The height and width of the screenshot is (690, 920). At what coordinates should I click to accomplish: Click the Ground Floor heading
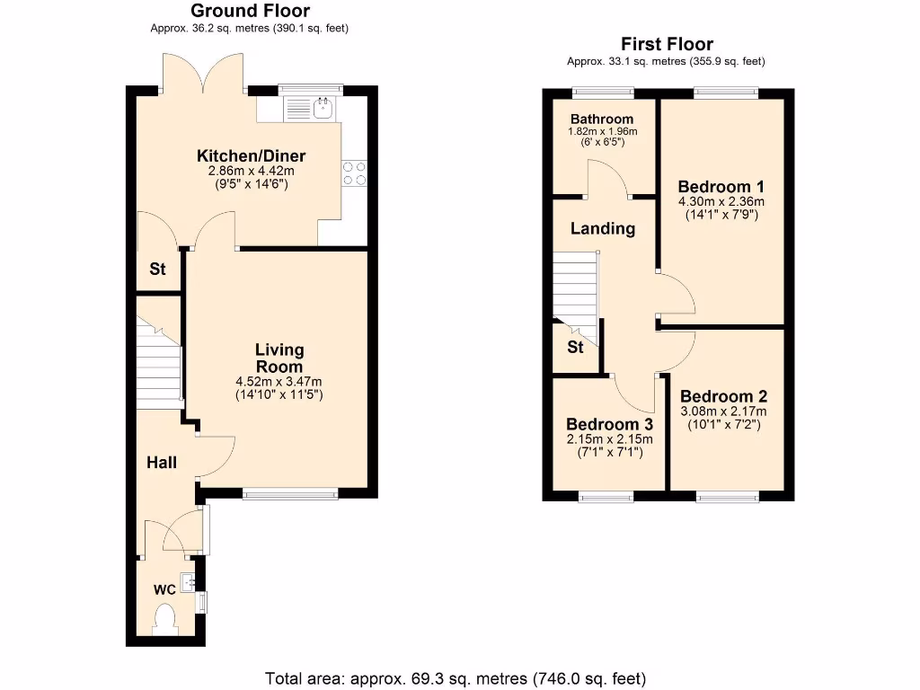250,12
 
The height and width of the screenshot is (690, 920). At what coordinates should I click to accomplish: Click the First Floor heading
666,44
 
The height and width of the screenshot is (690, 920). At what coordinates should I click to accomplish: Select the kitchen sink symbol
323,110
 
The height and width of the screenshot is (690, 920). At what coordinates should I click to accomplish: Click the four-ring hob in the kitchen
354,172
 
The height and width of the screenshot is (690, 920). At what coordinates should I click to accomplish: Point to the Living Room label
279,358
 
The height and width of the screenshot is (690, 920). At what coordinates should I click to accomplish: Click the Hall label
162,463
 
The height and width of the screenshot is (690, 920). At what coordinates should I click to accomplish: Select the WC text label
164,590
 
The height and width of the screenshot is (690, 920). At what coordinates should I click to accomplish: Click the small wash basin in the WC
189,582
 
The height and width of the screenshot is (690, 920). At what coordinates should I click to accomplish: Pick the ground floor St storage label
157,268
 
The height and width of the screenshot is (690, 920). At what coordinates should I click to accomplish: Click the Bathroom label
601,119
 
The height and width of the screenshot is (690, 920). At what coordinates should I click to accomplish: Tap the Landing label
603,228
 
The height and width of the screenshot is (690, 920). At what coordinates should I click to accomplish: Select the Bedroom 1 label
721,187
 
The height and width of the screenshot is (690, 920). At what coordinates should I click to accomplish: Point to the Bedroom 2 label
723,396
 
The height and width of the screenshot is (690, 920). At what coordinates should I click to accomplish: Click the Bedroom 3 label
609,424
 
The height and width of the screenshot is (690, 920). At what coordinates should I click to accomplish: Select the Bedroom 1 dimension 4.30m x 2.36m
721,202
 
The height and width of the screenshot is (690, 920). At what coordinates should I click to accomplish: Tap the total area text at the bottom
456,677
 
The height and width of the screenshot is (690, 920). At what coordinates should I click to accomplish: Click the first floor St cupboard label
575,347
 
